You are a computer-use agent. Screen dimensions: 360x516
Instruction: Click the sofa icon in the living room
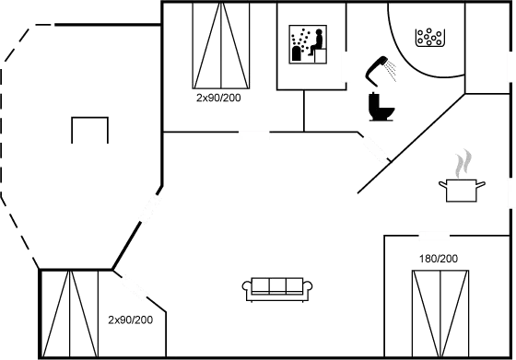(x=278, y=287)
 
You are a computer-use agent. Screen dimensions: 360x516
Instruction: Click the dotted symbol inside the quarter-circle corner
(x=430, y=38)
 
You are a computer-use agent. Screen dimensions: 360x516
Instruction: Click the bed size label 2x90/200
(x=217, y=97)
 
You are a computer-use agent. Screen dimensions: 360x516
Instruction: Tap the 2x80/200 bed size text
(x=130, y=320)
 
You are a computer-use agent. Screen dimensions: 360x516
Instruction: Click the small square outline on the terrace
(x=90, y=129)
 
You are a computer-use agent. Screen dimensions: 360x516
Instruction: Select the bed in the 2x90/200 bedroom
(x=222, y=44)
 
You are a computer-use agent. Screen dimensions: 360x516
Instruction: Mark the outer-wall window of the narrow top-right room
(x=512, y=76)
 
